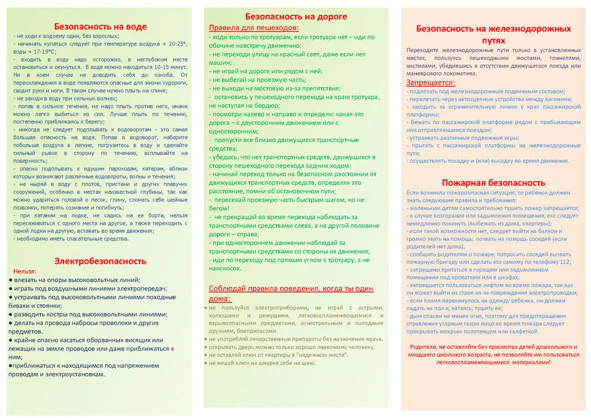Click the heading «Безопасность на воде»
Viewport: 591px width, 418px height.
coord(100,27)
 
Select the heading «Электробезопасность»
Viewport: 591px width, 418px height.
coord(100,261)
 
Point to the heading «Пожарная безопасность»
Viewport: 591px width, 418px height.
coord(493,182)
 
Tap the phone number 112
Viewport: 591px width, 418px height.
coord(564,262)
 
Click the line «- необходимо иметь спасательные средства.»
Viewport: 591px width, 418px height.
coord(71,238)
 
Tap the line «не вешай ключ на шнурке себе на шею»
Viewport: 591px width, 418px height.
coord(263,363)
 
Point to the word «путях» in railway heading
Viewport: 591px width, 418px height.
coord(493,40)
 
